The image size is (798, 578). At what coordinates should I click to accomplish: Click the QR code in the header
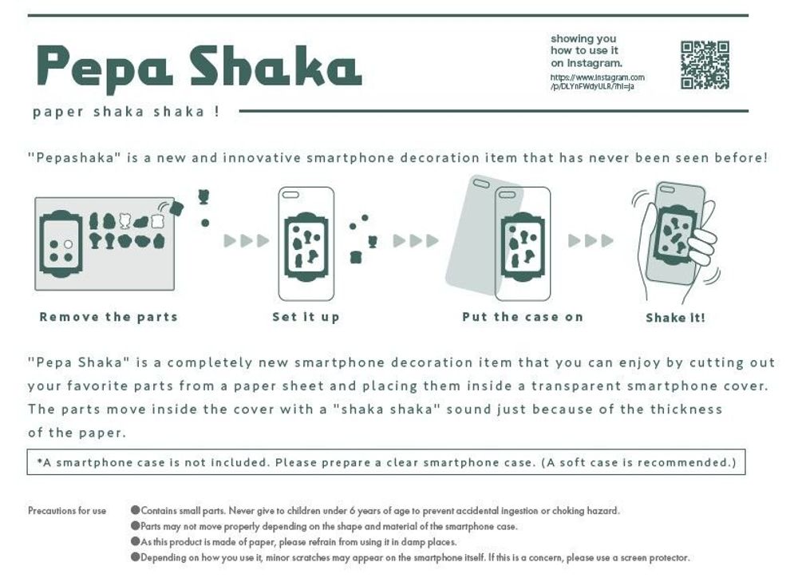coord(705,65)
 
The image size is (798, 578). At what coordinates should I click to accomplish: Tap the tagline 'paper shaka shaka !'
coord(126,112)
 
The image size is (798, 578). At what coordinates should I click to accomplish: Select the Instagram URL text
coord(597,82)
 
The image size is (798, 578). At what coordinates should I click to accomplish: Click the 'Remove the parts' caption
coord(109,317)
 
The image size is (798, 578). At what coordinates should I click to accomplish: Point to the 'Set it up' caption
coord(306,317)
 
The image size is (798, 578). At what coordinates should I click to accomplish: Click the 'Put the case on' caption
coord(523,317)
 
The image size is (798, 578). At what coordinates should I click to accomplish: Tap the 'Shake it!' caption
coord(675,318)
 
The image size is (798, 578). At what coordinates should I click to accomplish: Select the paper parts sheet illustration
coord(105,243)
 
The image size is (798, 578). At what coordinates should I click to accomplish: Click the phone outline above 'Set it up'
coord(306,243)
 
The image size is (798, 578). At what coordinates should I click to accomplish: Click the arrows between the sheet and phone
coord(246,241)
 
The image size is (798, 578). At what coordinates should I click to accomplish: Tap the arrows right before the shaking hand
coord(591,240)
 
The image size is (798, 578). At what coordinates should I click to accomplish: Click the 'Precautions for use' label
coord(67,511)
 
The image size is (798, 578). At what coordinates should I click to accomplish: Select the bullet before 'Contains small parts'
coord(135,511)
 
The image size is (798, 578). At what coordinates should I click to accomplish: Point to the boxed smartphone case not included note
coord(386,462)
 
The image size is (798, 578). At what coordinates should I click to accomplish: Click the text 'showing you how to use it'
coord(585,45)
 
